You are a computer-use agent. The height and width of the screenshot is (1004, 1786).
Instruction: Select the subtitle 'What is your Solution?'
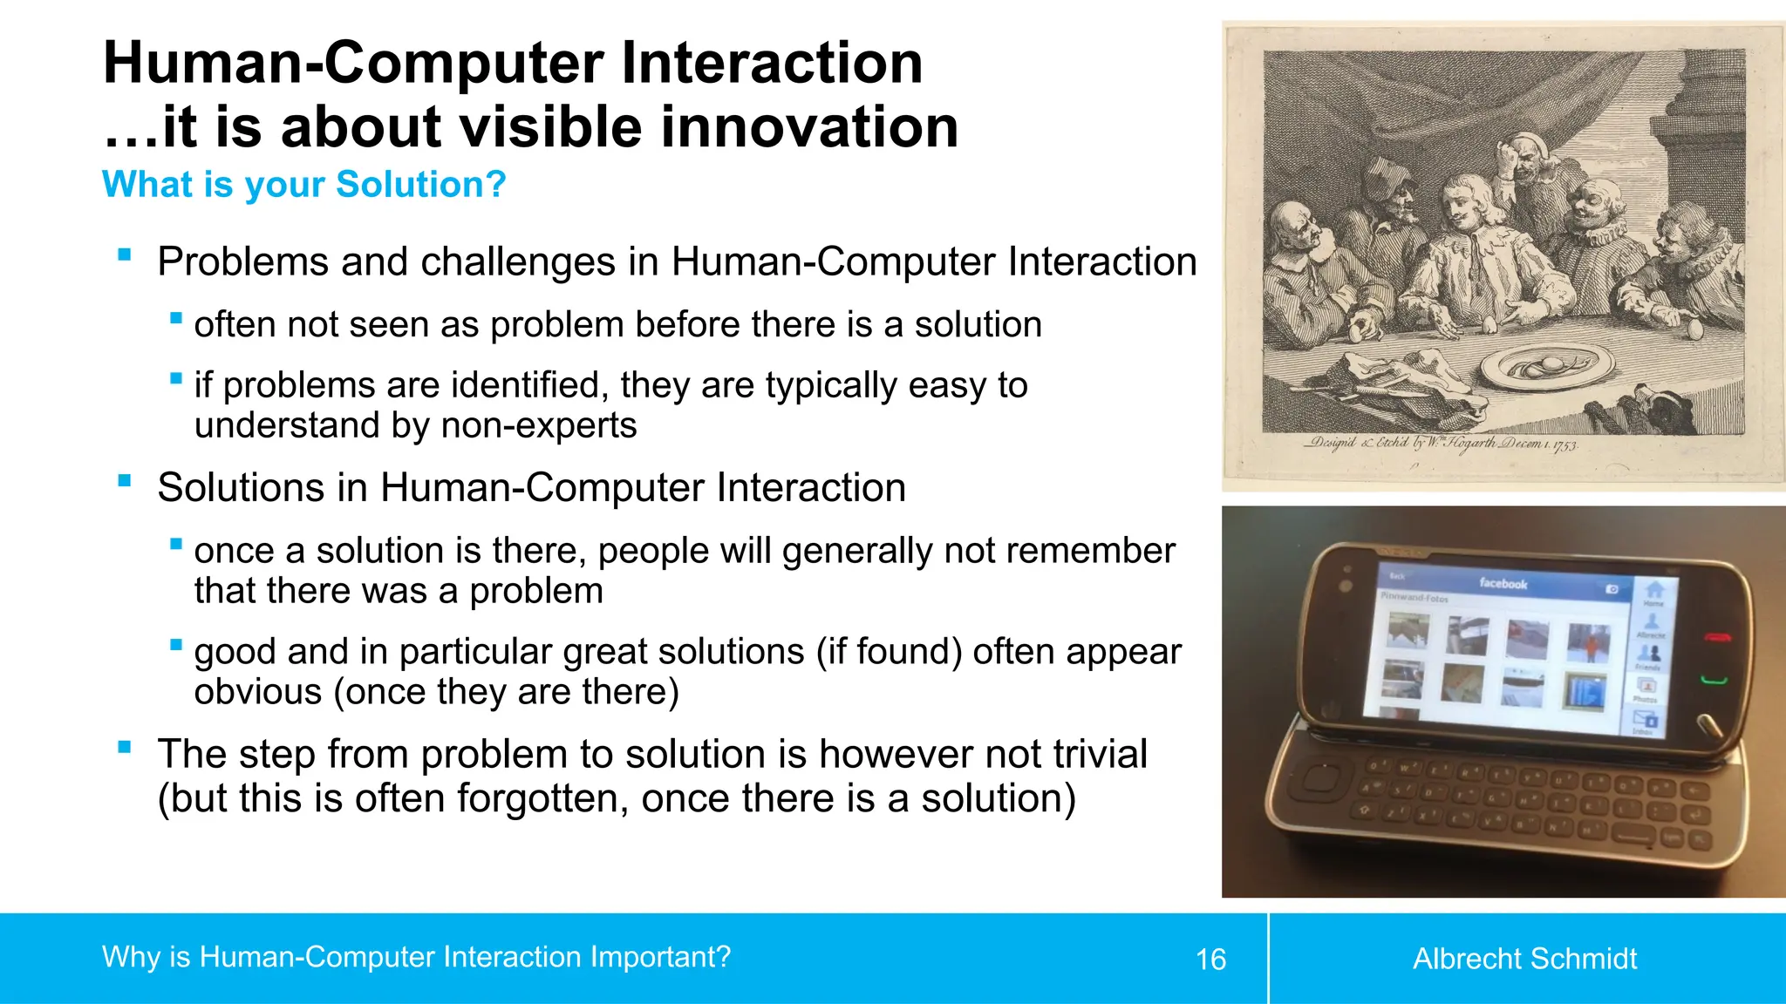(303, 185)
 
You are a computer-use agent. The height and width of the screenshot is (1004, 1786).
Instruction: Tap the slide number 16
(1210, 960)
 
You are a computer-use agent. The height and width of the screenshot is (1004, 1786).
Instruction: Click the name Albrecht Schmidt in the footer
(1524, 959)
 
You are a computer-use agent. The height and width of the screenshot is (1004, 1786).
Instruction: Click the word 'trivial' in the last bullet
(1100, 755)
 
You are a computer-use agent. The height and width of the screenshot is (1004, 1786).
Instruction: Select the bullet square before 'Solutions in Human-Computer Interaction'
(125, 480)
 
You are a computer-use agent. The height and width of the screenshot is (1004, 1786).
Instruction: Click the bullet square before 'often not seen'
(176, 318)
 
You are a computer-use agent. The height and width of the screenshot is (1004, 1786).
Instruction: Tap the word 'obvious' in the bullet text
(258, 693)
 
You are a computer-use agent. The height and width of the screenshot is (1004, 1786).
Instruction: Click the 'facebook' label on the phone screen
(1503, 583)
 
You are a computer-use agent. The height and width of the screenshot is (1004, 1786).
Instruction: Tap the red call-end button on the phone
(1717, 638)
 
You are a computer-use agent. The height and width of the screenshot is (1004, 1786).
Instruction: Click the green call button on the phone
(1714, 679)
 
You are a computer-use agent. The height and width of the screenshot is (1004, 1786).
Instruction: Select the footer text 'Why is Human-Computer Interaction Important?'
(416, 957)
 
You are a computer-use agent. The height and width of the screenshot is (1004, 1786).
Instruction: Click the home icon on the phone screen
(1653, 590)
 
